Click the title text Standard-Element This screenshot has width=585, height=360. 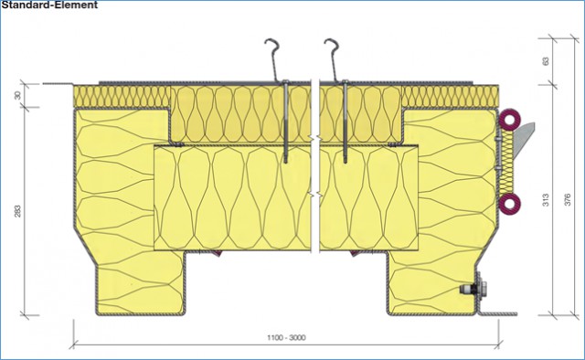pos(49,5)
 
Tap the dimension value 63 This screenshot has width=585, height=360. pos(546,61)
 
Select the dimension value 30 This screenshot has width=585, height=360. pos(17,96)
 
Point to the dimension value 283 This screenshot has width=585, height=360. pos(17,211)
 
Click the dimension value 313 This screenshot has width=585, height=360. pos(546,200)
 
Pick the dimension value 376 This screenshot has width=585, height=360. pos(567,200)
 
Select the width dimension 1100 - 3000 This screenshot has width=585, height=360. pos(286,338)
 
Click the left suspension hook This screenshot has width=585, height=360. pos(272,59)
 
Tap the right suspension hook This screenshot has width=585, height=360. pos(332,59)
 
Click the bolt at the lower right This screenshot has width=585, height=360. pos(473,289)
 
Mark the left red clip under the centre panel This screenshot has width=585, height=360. pos(216,253)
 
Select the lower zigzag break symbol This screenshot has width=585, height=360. pos(315,195)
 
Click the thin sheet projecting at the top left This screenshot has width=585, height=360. pos(58,83)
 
